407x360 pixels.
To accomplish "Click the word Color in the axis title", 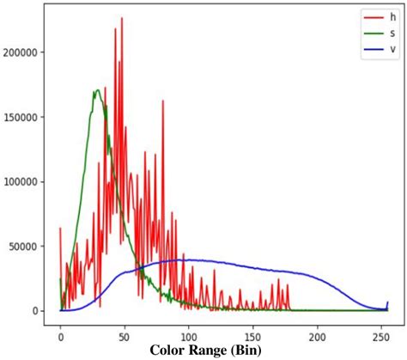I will pyautogui.click(x=169, y=351).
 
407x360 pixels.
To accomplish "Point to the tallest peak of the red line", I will pyautogui.click(x=122, y=18).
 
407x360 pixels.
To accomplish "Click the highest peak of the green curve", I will pyautogui.click(x=97, y=89).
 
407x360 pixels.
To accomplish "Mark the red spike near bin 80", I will pyautogui.click(x=162, y=101).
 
